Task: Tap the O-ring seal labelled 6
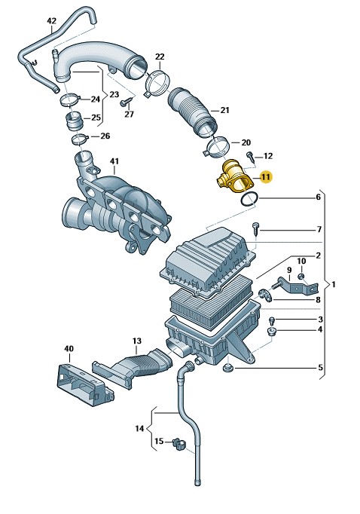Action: click(x=249, y=200)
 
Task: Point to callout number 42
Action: click(x=51, y=21)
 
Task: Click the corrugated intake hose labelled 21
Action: click(x=193, y=111)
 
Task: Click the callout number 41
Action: click(x=114, y=161)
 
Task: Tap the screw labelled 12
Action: click(x=250, y=157)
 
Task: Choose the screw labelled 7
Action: click(x=255, y=228)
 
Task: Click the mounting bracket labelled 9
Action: click(x=297, y=286)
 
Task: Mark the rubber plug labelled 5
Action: click(x=227, y=368)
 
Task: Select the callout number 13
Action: click(x=137, y=341)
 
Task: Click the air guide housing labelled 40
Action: click(x=85, y=383)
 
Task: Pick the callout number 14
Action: click(x=139, y=428)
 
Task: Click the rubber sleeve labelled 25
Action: click(x=75, y=121)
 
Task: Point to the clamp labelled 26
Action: click(x=80, y=139)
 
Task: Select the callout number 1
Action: click(x=334, y=285)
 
